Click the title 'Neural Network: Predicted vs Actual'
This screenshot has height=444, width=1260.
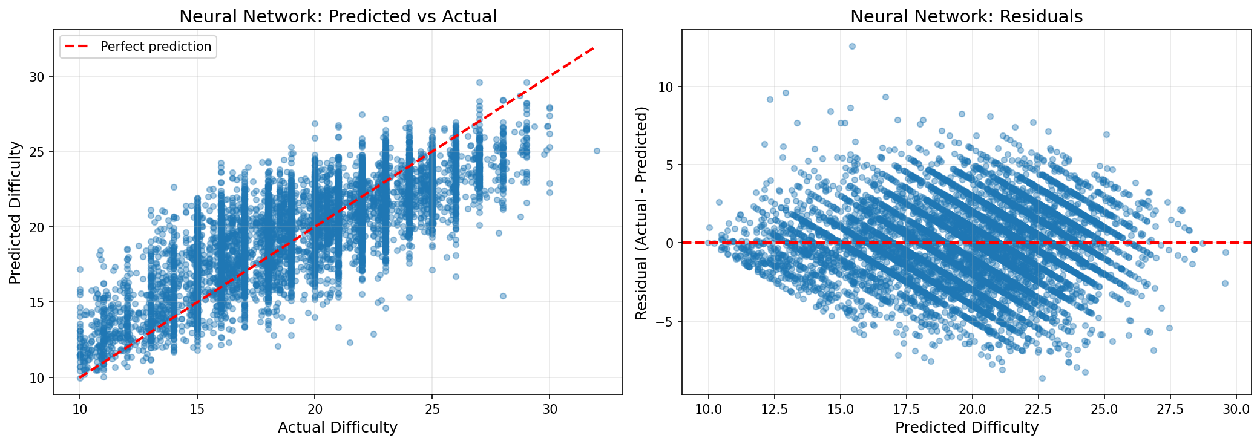(x=338, y=16)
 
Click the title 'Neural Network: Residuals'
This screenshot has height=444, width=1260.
(x=966, y=16)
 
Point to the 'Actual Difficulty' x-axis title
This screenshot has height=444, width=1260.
(x=338, y=428)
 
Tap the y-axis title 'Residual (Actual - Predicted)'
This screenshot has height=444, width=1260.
(x=641, y=213)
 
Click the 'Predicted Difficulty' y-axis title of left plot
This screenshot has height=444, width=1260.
(x=16, y=213)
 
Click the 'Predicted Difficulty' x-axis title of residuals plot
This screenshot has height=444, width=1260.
(x=966, y=428)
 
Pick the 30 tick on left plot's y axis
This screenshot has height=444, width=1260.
(x=38, y=77)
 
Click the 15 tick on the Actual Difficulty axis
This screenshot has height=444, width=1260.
(x=197, y=410)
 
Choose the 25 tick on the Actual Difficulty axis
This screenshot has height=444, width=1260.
(x=432, y=410)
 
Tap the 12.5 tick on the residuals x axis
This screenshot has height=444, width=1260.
(x=774, y=410)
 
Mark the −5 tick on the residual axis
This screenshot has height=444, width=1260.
(x=666, y=321)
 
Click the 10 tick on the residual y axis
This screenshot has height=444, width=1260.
(x=666, y=87)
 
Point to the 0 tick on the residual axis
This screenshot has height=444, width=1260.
(x=669, y=243)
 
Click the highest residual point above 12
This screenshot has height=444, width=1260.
(x=852, y=46)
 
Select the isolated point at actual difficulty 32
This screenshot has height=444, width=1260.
(x=597, y=151)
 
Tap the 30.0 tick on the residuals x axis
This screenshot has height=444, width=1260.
(x=1236, y=410)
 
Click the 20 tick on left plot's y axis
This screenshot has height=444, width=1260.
(x=38, y=227)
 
